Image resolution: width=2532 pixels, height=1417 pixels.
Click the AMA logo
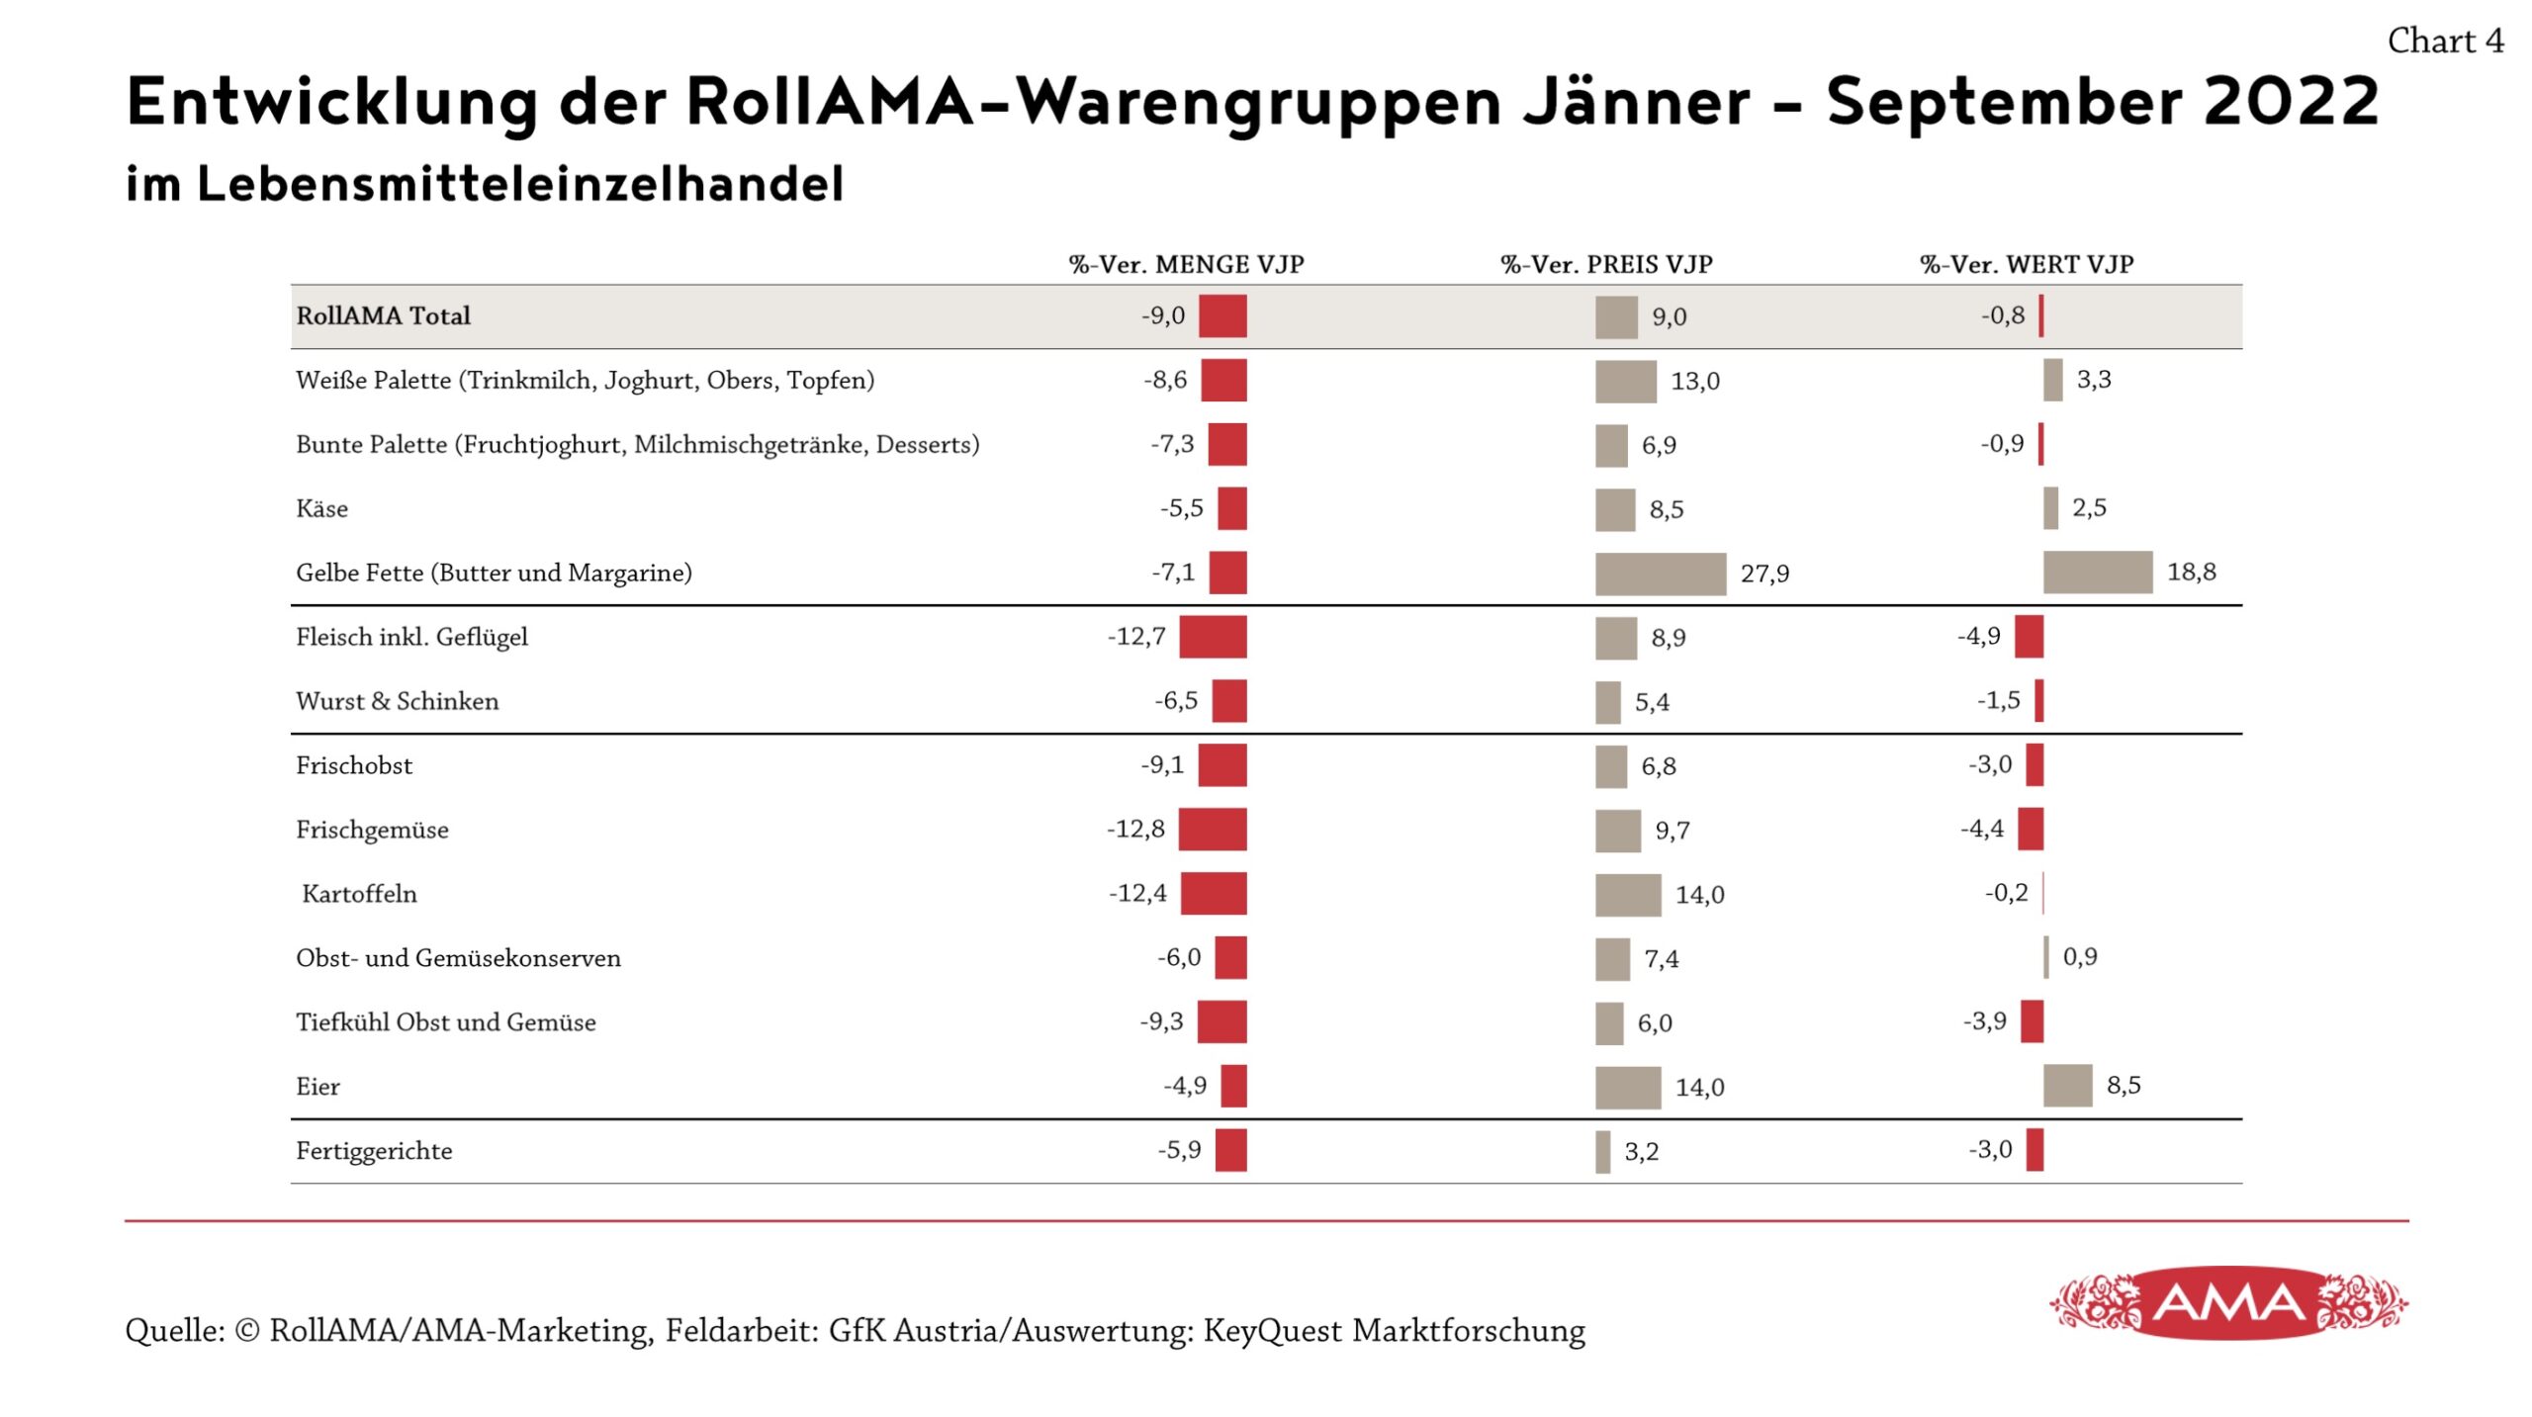[x=2228, y=1302]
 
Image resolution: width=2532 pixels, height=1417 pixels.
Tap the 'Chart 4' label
[x=2445, y=41]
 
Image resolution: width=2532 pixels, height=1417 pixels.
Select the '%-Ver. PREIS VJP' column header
[x=1606, y=264]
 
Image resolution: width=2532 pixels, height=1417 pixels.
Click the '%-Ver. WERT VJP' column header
[x=2027, y=264]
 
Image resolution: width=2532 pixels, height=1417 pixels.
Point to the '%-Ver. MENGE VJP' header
[x=1186, y=264]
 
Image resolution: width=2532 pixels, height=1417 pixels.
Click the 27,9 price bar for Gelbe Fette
[x=1660, y=574]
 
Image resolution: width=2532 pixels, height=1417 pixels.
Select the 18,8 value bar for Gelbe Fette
[x=2097, y=572]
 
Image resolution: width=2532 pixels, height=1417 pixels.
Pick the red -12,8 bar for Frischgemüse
[x=1212, y=829]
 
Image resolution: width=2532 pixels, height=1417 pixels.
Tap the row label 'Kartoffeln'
[x=359, y=894]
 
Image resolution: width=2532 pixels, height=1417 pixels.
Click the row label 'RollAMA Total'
[x=383, y=315]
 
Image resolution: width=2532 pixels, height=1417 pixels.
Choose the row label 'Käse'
[x=321, y=508]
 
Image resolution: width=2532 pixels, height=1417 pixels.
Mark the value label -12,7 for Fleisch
[x=1136, y=636]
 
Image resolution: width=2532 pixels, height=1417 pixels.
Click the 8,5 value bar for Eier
[x=2067, y=1085]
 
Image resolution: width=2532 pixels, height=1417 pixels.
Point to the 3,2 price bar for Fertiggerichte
[x=1602, y=1151]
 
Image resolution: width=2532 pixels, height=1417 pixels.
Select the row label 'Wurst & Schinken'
[x=397, y=701]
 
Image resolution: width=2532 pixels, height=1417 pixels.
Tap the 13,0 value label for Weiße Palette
[x=1695, y=381]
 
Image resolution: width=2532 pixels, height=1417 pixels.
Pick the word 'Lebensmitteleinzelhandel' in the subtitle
[x=520, y=184]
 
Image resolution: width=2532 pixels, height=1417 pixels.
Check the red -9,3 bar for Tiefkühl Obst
[x=1221, y=1021]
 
